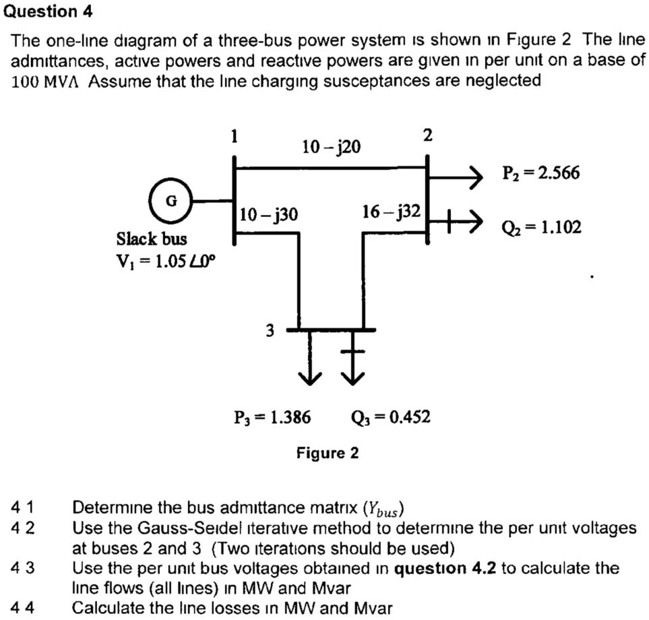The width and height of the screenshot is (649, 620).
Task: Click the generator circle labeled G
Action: (171, 200)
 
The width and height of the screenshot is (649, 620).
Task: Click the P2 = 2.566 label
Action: (540, 173)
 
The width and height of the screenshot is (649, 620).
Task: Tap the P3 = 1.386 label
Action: (272, 418)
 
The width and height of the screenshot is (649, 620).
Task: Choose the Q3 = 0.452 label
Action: (390, 418)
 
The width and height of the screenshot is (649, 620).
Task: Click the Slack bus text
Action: (152, 239)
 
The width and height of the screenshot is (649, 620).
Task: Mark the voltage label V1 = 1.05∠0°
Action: (165, 261)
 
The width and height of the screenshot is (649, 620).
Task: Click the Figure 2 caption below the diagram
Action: (328, 453)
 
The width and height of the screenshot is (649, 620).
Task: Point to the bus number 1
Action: (234, 136)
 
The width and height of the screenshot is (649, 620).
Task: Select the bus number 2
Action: (427, 135)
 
